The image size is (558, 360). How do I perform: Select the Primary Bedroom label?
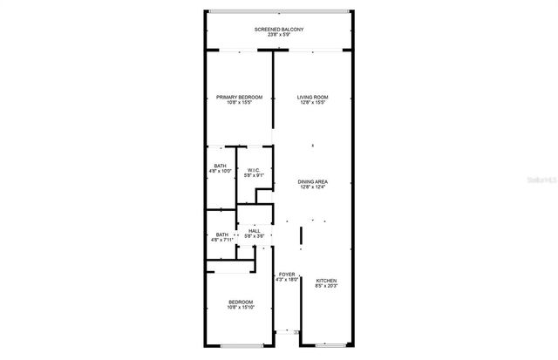coord(239,97)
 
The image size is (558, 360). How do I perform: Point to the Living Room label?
coord(311,97)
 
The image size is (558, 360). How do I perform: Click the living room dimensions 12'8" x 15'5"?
coord(311,103)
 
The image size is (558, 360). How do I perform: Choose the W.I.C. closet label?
coord(254,170)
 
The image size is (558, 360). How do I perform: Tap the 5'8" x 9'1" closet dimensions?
coord(254,176)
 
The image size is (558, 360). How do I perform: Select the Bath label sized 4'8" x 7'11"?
coord(221,234)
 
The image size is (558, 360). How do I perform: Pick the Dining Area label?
coord(311,181)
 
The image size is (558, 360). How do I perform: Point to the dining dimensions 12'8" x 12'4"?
coord(311,187)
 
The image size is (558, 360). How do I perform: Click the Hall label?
coord(255,231)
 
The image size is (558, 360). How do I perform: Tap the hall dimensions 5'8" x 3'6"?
coord(255,237)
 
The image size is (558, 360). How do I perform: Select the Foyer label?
coord(287,274)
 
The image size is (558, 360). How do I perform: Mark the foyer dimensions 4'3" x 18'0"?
coord(287,280)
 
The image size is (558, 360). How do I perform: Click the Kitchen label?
coord(325,280)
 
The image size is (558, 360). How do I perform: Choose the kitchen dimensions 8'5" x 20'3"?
coord(325,286)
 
